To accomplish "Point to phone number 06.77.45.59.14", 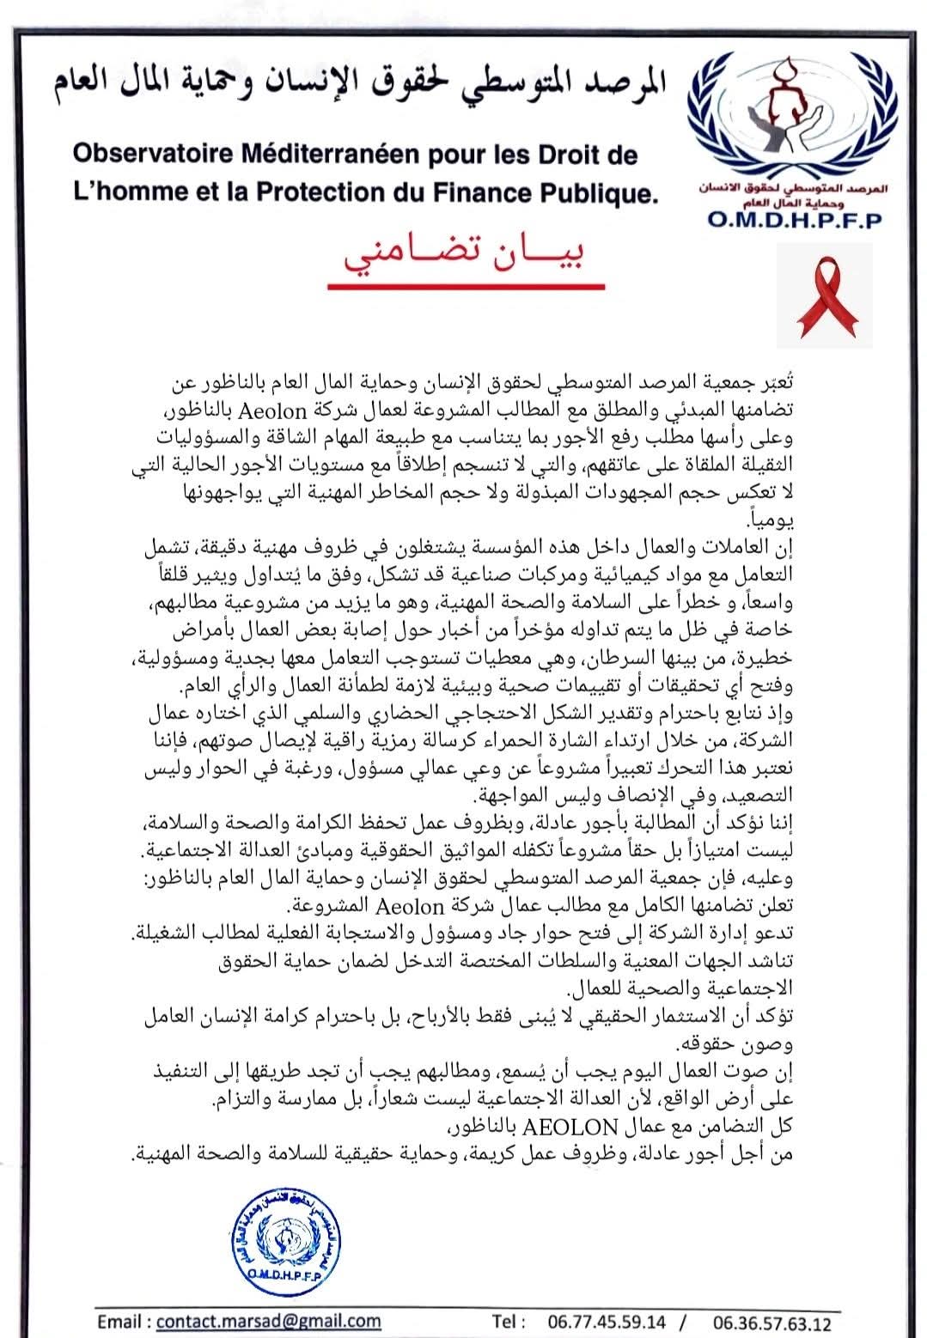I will point(606,1321).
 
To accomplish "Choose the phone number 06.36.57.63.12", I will point(772,1321).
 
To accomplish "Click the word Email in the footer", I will point(121,1320).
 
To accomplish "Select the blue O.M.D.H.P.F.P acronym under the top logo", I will point(795,219).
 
